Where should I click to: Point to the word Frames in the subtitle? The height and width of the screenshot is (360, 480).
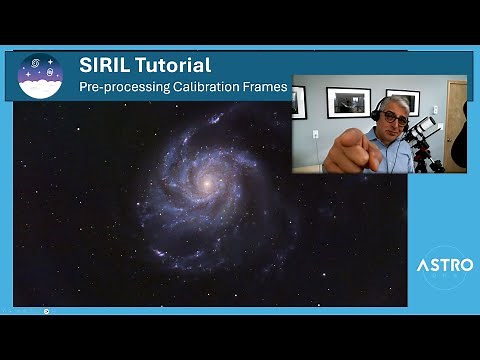(x=266, y=87)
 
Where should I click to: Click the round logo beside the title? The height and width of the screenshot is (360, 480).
(x=40, y=76)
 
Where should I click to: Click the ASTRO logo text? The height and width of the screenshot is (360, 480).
(x=440, y=267)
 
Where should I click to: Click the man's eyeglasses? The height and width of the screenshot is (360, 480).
(x=393, y=117)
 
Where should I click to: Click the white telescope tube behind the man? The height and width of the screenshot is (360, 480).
(x=424, y=129)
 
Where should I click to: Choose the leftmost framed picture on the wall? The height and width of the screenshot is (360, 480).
(x=299, y=101)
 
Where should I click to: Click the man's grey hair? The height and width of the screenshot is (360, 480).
(x=391, y=103)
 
